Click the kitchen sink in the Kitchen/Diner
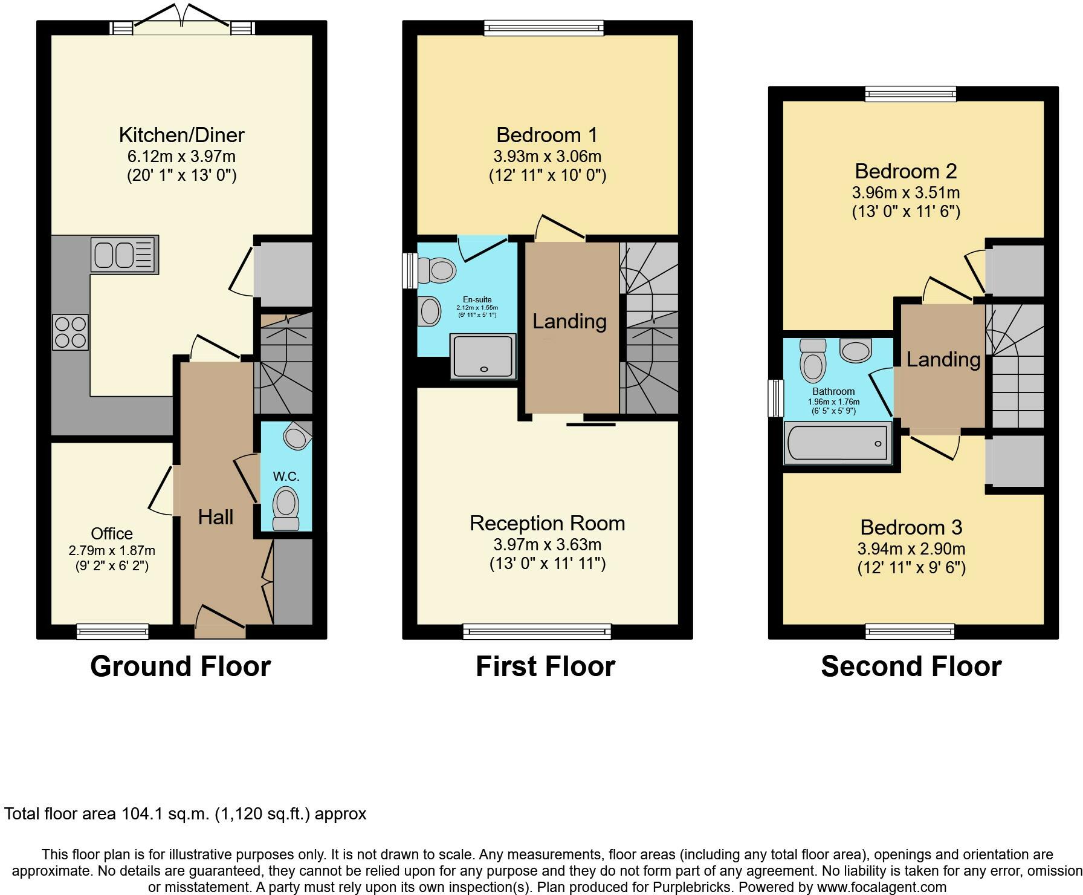tap(124, 254)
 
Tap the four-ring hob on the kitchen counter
tap(71, 332)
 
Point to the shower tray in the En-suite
tap(483, 356)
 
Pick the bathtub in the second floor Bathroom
tap(838, 443)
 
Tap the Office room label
tap(112, 533)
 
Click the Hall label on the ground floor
tap(216, 517)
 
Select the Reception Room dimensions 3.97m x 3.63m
tap(548, 544)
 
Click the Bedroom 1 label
tap(547, 134)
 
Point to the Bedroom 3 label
tap(911, 527)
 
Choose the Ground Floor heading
tap(181, 666)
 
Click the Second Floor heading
tap(911, 666)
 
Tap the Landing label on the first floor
tap(569, 321)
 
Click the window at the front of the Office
tap(112, 631)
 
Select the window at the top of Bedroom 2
tap(911, 93)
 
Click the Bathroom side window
tap(775, 398)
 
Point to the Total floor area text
tap(186, 814)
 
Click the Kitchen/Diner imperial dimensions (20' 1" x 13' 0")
tap(182, 175)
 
